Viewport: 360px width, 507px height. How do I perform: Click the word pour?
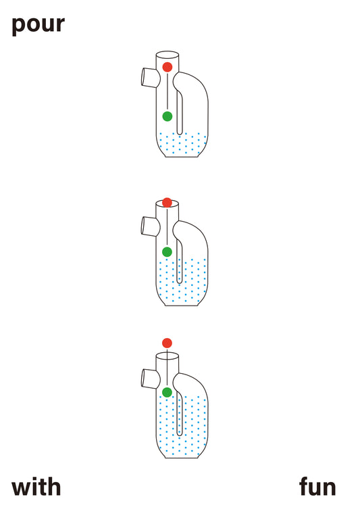click(x=38, y=25)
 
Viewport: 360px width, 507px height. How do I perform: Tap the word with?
click(x=36, y=487)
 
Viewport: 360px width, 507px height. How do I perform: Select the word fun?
click(x=317, y=486)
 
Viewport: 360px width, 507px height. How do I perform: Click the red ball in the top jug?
click(x=168, y=67)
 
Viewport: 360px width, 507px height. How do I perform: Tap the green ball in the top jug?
click(x=168, y=116)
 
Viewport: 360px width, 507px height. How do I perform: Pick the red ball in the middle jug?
click(x=167, y=203)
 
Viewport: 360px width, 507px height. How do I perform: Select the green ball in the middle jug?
click(x=167, y=251)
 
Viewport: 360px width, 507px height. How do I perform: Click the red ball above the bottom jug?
click(x=167, y=343)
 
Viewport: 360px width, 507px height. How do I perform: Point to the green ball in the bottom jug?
click(x=167, y=392)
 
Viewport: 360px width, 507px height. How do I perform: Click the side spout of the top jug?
click(x=150, y=78)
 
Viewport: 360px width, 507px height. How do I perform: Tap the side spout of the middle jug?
click(x=150, y=226)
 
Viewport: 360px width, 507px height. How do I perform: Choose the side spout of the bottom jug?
click(x=150, y=379)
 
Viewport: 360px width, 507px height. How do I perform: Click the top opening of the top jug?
click(x=168, y=54)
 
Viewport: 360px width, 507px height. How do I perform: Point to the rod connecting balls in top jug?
click(x=168, y=91)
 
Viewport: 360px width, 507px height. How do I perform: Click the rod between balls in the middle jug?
click(x=167, y=227)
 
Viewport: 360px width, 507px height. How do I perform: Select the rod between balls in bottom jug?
click(x=167, y=368)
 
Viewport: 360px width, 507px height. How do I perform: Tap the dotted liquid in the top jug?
click(x=182, y=144)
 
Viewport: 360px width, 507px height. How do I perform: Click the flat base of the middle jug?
click(x=182, y=306)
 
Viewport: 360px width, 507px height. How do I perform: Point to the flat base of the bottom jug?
click(x=182, y=458)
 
